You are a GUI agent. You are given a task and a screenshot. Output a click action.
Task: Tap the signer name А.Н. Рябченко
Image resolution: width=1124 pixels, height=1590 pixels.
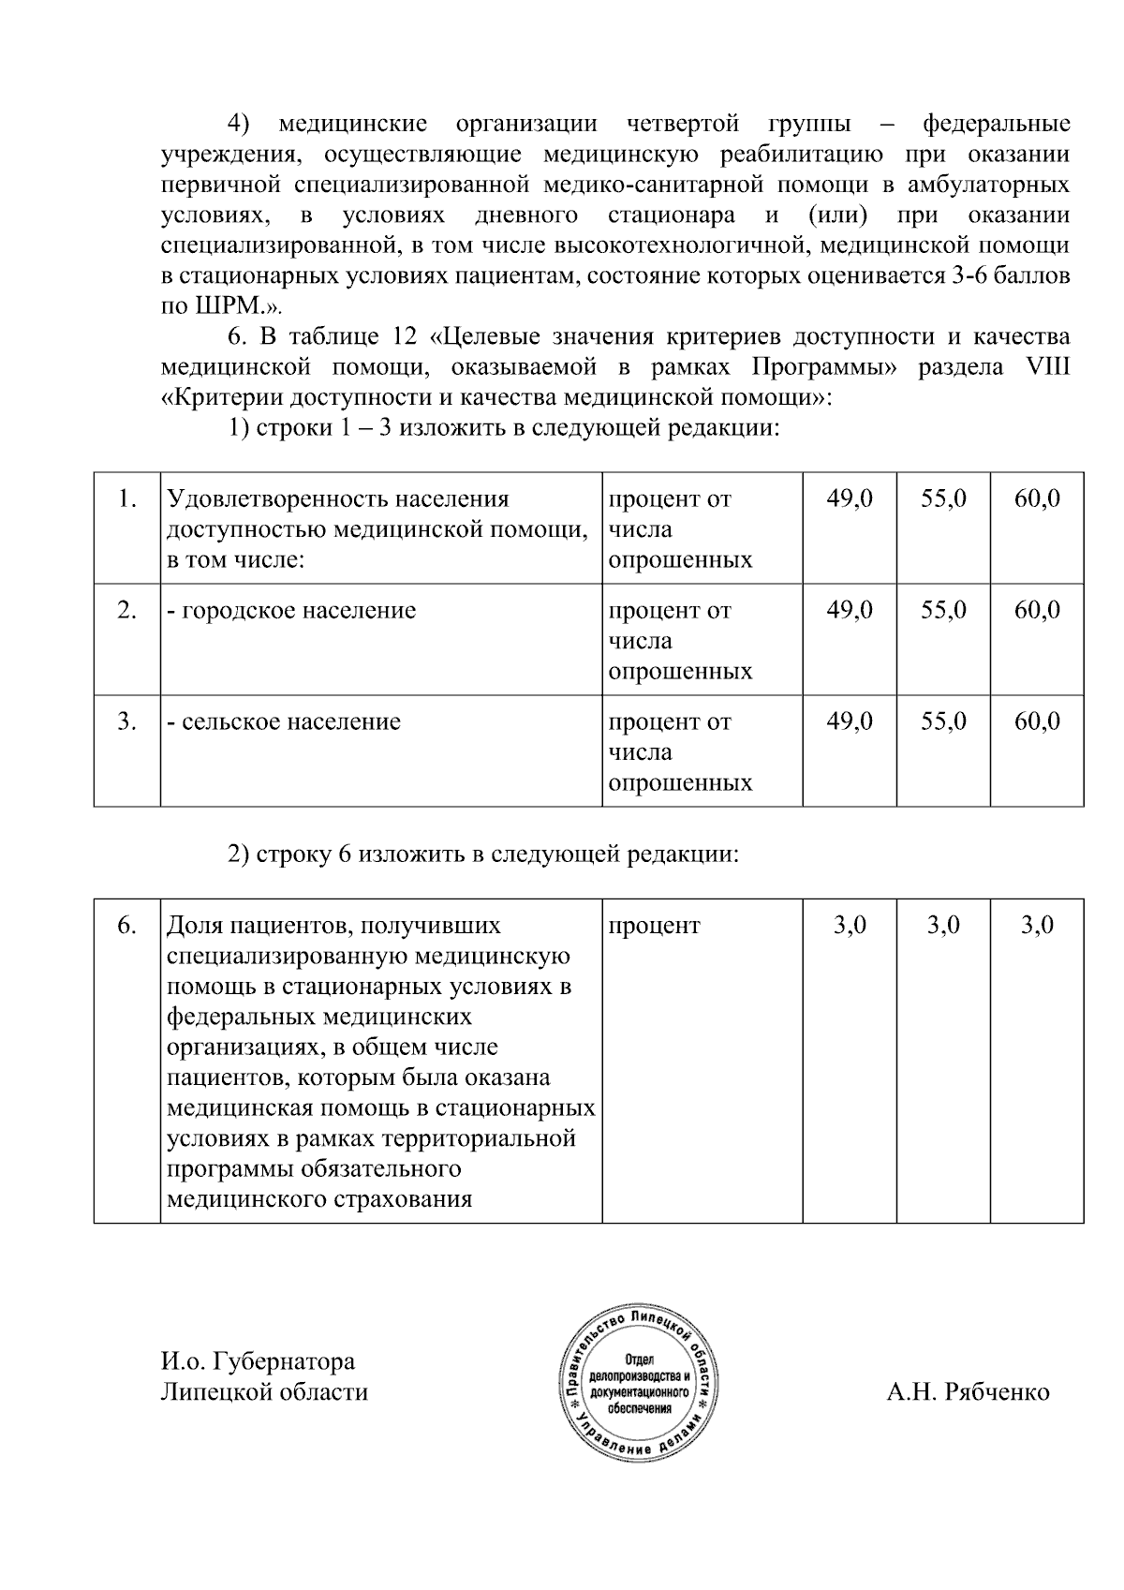coord(968,1391)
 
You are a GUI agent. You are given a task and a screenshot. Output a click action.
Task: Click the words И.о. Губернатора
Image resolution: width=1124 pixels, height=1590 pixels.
coord(258,1360)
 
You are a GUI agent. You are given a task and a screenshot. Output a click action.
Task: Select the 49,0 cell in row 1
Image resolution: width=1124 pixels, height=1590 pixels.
coord(849,498)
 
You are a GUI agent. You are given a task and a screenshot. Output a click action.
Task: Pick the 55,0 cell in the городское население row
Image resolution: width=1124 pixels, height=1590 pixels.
coord(942,610)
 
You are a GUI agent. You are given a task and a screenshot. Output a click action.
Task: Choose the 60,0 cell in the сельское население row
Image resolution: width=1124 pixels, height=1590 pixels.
coord(1037,721)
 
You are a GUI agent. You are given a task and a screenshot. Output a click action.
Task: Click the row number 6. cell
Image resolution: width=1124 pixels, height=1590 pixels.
coord(126,926)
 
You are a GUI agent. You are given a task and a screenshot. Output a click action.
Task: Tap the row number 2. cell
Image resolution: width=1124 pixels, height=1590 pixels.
coord(126,610)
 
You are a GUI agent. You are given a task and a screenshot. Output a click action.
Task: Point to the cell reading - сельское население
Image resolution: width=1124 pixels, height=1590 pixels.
coord(283,721)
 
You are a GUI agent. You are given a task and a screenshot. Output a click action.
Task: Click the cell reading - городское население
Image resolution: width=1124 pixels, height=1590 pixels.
coord(290,610)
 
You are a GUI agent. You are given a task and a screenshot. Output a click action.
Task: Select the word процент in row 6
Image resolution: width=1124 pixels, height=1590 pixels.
coord(654,926)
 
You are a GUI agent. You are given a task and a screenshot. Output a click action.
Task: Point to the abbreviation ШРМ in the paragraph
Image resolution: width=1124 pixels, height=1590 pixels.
coord(221,306)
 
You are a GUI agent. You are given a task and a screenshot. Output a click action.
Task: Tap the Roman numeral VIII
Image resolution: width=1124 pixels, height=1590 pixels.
coord(1048,367)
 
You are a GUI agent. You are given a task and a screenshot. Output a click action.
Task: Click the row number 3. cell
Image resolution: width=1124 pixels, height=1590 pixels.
coord(126,721)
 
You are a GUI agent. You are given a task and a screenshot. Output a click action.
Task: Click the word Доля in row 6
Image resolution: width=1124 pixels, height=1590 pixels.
coord(194,926)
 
